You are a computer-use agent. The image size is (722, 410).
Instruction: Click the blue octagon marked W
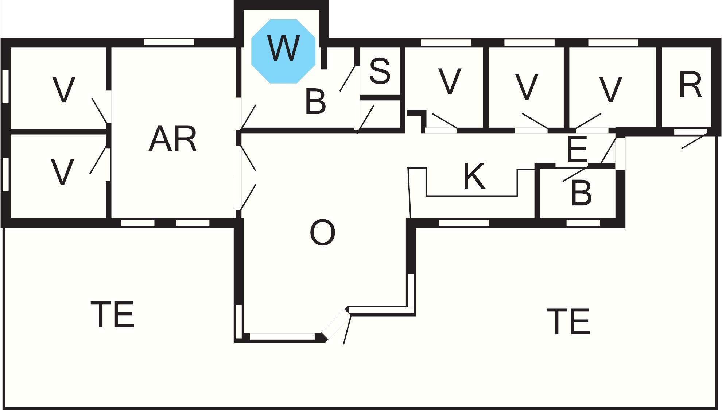[283, 51]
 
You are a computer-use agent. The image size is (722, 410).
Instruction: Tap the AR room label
[172, 139]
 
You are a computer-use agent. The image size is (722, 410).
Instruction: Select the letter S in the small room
[380, 71]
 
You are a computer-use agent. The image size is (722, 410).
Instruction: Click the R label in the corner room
[690, 85]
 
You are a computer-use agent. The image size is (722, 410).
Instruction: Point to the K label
[474, 177]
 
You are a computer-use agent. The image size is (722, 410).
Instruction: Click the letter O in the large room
[322, 233]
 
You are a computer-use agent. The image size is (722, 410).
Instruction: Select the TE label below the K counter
[568, 321]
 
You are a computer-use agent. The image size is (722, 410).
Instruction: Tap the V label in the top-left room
[64, 89]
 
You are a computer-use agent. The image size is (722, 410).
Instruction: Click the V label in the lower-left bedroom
[62, 172]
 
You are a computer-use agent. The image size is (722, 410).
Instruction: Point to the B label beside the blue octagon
[315, 102]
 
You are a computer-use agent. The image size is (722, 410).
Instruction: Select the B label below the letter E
[581, 193]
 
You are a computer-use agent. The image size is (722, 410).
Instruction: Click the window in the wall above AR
[169, 42]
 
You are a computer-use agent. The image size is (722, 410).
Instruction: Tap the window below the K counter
[464, 223]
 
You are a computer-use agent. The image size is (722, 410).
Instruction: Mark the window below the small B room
[583, 223]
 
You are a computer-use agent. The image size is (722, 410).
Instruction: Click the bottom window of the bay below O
[282, 337]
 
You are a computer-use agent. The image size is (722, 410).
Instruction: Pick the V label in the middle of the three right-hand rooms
[527, 87]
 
